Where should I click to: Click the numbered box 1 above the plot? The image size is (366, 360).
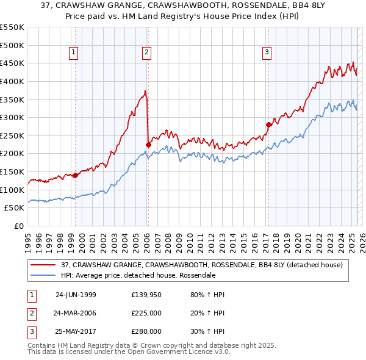(x=73, y=53)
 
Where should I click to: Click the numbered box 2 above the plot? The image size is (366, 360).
(x=147, y=53)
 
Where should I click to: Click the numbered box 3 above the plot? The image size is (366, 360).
(x=267, y=53)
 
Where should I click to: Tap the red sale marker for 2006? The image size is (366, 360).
(x=148, y=145)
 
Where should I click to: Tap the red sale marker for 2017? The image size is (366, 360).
(x=268, y=124)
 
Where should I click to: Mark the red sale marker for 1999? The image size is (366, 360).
(x=75, y=175)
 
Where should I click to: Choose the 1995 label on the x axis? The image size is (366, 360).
(x=28, y=238)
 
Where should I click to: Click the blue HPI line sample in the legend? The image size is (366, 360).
(x=43, y=275)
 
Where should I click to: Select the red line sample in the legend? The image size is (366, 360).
(x=43, y=265)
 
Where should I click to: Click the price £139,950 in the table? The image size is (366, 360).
(x=146, y=295)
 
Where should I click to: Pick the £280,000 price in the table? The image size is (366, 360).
(x=146, y=331)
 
